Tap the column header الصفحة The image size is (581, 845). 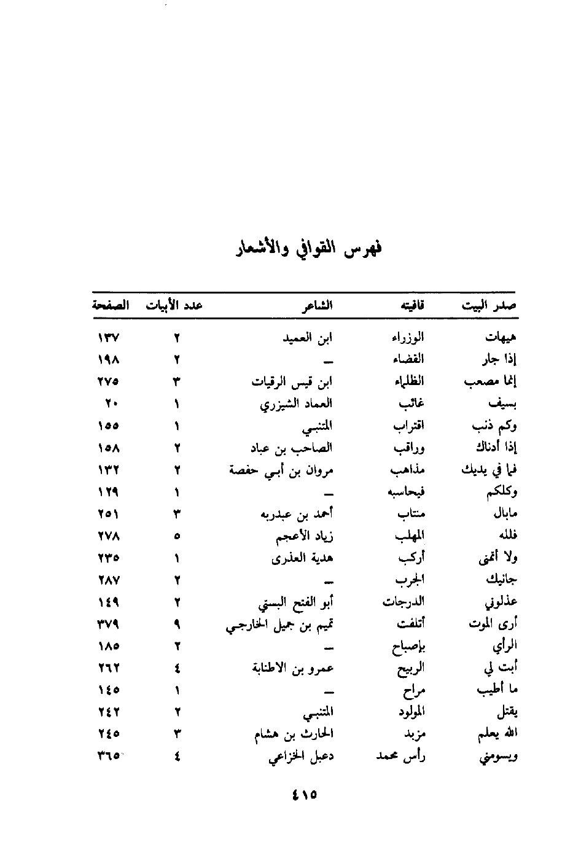(110, 305)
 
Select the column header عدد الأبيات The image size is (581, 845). (174, 305)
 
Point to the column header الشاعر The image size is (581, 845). (318, 305)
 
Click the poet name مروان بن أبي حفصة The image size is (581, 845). (282, 470)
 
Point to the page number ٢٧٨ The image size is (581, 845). (109, 536)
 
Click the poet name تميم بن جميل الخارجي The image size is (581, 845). (280, 625)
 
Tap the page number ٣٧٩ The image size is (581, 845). (109, 625)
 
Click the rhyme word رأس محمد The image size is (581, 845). (401, 757)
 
